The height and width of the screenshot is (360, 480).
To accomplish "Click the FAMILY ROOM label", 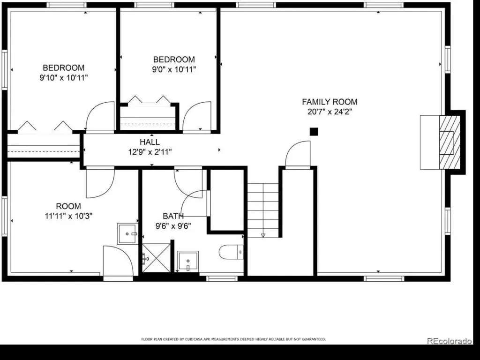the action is click(x=330, y=102).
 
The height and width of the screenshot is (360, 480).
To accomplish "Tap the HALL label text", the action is click(x=150, y=142).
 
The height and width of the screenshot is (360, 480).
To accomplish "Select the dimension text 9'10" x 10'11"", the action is click(x=64, y=78).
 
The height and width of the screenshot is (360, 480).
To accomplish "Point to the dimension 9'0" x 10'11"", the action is click(x=174, y=69).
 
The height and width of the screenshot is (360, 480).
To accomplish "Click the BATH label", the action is click(x=173, y=216).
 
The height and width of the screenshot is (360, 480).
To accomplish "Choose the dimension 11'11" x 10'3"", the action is click(x=68, y=216).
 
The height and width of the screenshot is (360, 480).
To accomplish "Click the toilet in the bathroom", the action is click(x=231, y=252).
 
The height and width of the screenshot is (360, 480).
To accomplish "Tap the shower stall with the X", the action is click(x=156, y=258).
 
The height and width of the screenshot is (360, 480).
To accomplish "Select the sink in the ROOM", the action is click(x=127, y=234).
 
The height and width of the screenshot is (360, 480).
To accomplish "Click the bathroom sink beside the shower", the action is click(x=188, y=261).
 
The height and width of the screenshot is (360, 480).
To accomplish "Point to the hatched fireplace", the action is click(x=450, y=142).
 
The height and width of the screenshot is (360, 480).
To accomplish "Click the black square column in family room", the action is click(x=314, y=132).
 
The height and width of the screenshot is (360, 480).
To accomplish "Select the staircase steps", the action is click(x=263, y=210).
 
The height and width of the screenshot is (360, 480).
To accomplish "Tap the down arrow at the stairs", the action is click(x=263, y=235).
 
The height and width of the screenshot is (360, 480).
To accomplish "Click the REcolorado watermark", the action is click(x=449, y=341).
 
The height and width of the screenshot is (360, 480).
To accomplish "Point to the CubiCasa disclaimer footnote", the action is click(x=233, y=339).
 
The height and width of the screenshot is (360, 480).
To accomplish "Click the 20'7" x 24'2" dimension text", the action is click(x=330, y=112).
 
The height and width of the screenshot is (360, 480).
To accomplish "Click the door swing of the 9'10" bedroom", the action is click(x=100, y=116).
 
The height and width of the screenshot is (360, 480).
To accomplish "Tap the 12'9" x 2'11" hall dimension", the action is click(x=150, y=152).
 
